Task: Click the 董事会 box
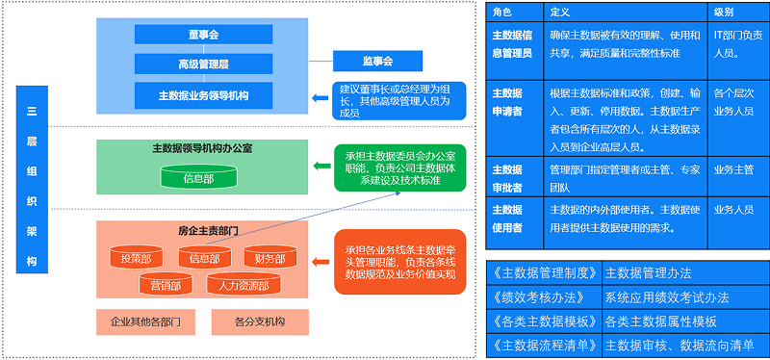pos(204,35)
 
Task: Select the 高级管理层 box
pos(204,64)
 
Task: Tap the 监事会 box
pos(378,62)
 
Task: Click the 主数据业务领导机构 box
pos(204,95)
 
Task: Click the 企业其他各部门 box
pos(146,321)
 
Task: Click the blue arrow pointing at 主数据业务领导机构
pos(321,97)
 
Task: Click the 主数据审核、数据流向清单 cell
pos(684,346)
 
